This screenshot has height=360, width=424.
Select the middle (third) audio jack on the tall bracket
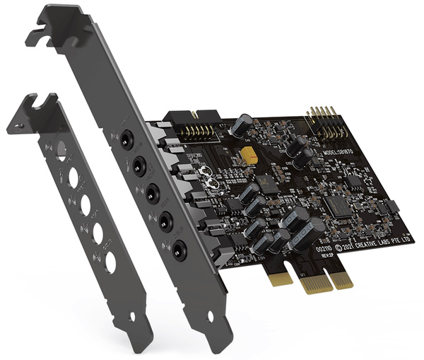coord(153,192)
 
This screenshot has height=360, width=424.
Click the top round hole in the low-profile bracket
coord(61,151)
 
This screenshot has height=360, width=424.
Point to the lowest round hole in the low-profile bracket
coord(110,262)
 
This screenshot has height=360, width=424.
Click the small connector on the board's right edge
coord(391,207)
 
